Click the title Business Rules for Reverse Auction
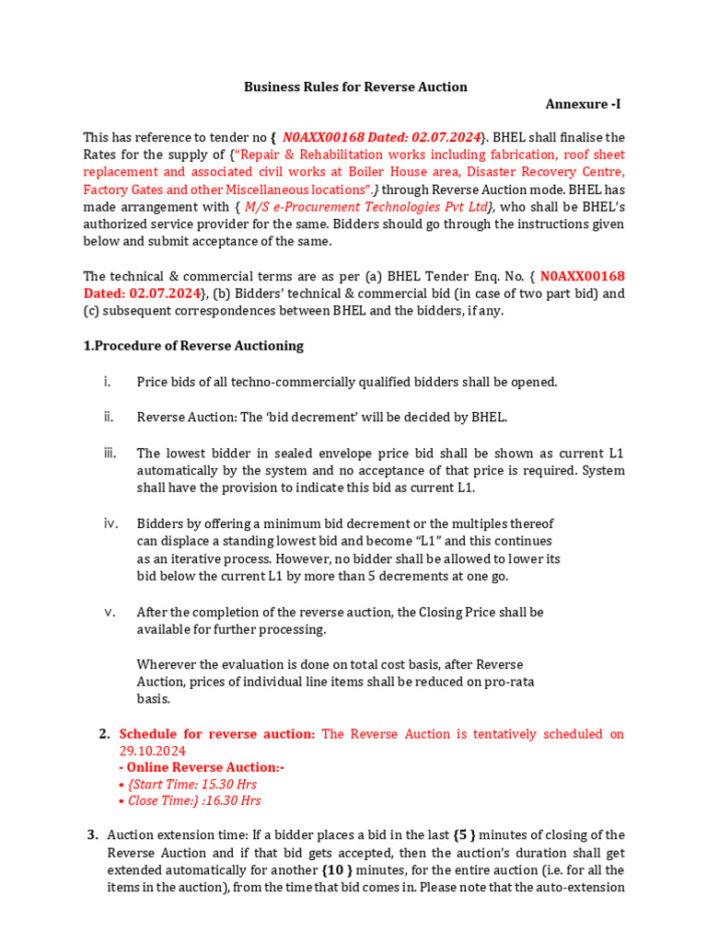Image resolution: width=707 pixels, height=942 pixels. click(x=355, y=86)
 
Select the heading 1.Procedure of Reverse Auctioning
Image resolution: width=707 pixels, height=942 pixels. click(x=193, y=346)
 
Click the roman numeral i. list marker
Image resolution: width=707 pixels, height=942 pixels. click(x=108, y=381)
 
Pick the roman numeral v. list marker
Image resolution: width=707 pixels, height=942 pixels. click(x=109, y=612)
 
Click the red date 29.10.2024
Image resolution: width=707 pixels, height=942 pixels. click(x=153, y=751)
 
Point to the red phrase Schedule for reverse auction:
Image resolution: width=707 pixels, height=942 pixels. click(x=217, y=734)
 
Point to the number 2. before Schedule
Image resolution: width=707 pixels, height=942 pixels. click(x=104, y=734)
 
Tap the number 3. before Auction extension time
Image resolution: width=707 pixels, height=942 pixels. click(x=93, y=835)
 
